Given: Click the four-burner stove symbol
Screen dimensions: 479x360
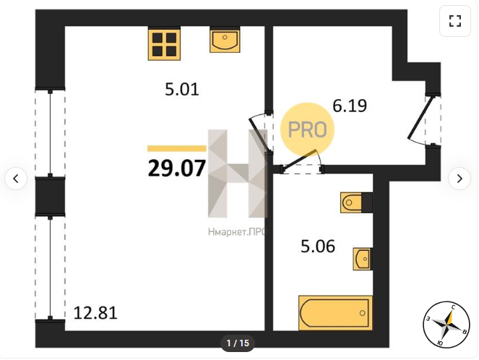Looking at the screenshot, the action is [x=164, y=43].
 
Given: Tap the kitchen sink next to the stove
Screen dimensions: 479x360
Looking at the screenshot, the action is [x=225, y=40].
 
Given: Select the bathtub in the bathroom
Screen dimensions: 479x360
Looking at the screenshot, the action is [x=335, y=313].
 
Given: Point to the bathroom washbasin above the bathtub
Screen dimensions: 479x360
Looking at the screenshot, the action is [x=363, y=259].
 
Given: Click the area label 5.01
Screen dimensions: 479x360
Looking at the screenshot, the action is [x=182, y=89].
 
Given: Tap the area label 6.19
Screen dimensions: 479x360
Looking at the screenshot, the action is [x=350, y=106].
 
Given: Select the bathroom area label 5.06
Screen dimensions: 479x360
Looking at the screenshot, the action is [x=318, y=247].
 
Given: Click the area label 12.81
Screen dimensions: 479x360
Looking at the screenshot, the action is [x=95, y=313].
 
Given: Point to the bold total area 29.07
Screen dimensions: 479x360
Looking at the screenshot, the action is [x=177, y=168].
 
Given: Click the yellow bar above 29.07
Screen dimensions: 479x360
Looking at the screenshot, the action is [x=176, y=148].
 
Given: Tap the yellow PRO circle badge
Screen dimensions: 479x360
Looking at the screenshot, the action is [x=307, y=129].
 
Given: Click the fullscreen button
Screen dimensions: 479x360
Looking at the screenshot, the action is [x=455, y=21].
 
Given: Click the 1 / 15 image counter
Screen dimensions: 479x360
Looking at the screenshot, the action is [x=238, y=343].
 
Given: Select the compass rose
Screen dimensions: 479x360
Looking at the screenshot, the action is [x=446, y=325].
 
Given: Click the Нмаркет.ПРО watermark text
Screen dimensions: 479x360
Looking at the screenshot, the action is [x=238, y=232].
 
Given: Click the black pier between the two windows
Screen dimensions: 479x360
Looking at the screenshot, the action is [x=50, y=197].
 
